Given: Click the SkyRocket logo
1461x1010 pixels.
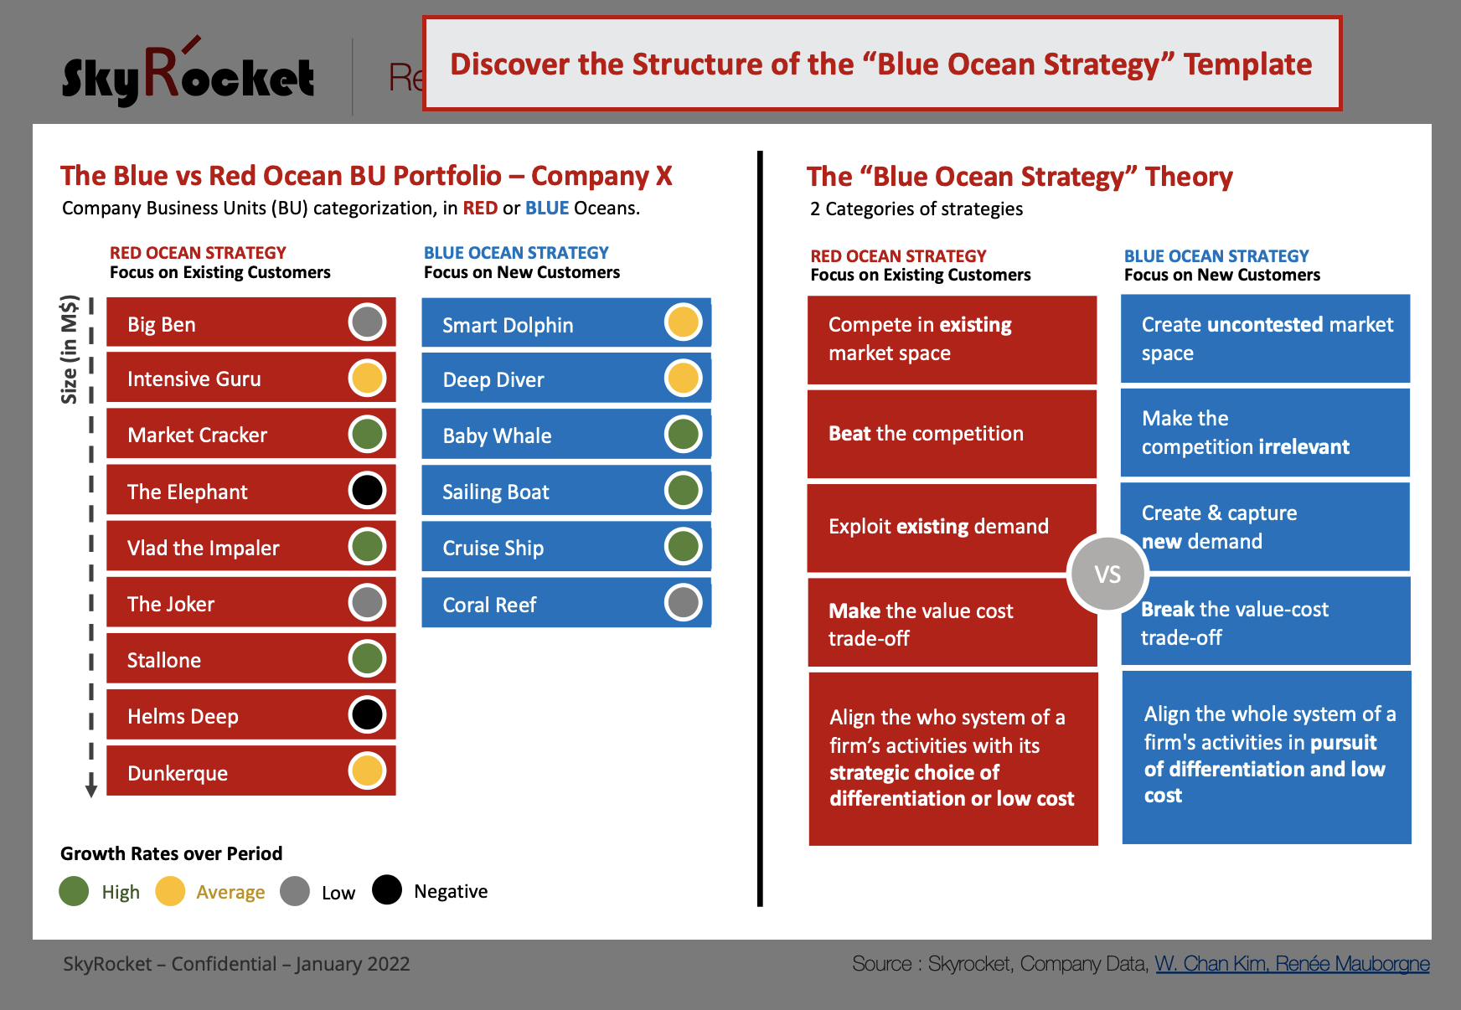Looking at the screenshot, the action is tap(188, 74).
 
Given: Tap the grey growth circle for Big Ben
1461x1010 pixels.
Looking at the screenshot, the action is tap(367, 322).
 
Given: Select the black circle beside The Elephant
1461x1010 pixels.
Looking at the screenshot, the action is tap(367, 490).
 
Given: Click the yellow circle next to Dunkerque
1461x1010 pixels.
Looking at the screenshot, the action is tap(367, 771).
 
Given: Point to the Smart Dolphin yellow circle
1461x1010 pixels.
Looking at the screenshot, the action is tap(683, 322).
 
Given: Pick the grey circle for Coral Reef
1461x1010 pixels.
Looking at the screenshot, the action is tap(683, 602).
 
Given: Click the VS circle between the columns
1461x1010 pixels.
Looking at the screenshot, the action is tap(1107, 575).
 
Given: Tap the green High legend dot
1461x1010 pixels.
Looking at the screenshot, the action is tap(74, 891).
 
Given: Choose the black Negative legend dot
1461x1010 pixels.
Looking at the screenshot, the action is tap(387, 890).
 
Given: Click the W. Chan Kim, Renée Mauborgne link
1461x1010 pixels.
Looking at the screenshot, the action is tap(1292, 964).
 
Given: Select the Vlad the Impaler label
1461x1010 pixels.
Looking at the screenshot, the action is tap(203, 548).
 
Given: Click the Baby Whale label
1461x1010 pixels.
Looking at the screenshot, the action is tap(497, 435).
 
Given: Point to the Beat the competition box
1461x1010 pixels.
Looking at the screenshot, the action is tap(952, 434).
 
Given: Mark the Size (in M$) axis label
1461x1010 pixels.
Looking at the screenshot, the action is tap(70, 349).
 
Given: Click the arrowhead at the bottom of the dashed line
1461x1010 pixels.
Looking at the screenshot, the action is tap(91, 791).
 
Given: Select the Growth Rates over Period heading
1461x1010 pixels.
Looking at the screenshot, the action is tap(171, 853).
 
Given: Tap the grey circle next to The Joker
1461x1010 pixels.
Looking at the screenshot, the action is tap(367, 602).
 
